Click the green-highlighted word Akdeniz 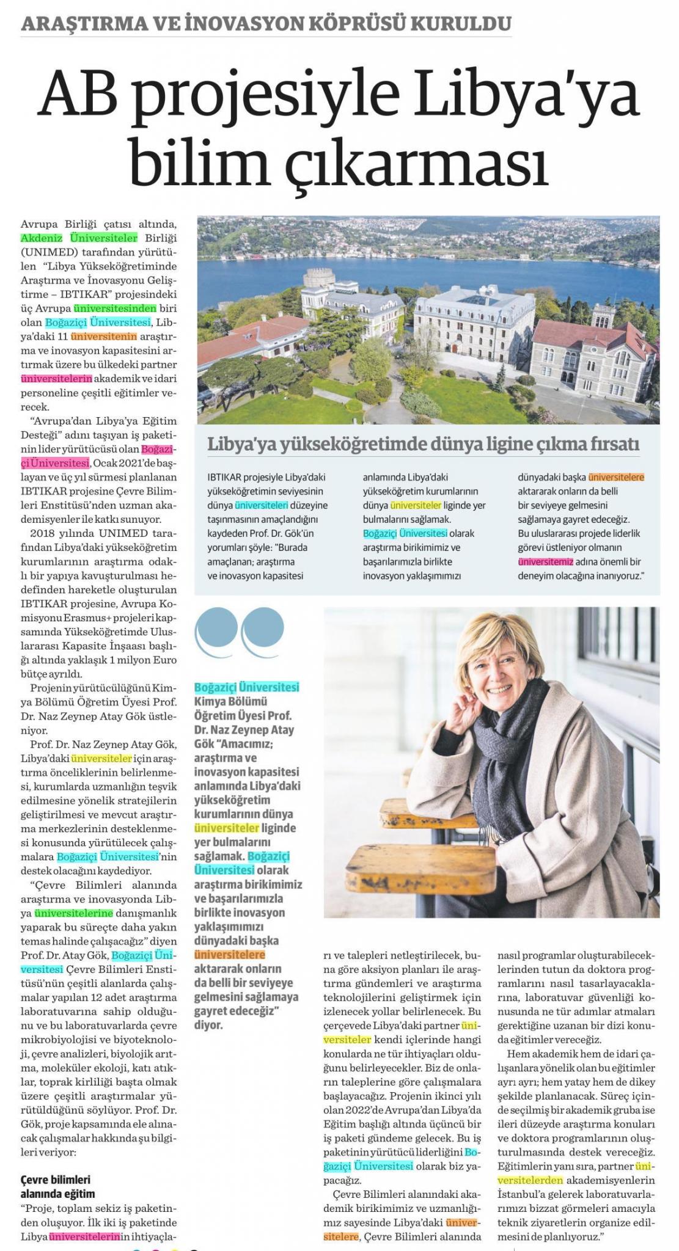[42, 237]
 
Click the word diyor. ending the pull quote [208, 1024]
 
